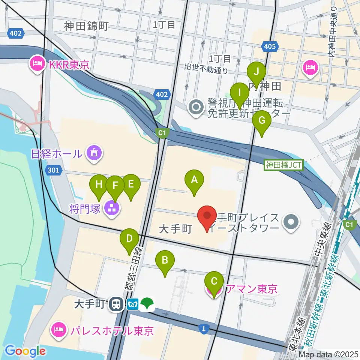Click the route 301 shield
click(x=53, y=171)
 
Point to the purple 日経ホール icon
click(x=92, y=153)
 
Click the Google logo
click(x=25, y=351)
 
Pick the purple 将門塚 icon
click(x=111, y=208)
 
